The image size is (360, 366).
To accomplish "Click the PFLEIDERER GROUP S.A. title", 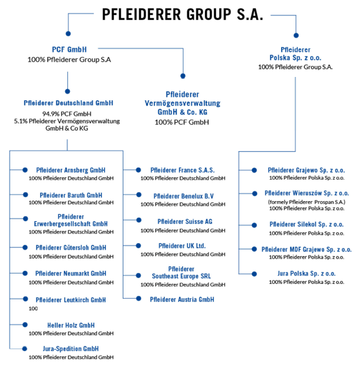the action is [183, 14].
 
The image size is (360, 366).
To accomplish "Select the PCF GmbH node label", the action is [69, 50].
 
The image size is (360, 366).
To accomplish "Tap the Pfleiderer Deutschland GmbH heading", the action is [69, 103].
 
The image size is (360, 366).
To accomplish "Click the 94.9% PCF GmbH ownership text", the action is [67, 114].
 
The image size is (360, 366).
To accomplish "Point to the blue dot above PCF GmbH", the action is [68, 34].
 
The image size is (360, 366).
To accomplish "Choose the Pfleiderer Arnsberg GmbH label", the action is [70, 170].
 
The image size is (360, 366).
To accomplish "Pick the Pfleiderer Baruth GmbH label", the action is [71, 195].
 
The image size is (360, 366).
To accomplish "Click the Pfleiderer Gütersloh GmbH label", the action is [71, 248].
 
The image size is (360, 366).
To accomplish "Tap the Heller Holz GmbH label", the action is [71, 325].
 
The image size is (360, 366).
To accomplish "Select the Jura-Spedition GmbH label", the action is [70, 349].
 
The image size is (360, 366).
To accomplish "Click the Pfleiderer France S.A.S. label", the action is [182, 170].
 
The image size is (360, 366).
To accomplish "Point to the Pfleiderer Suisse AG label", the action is [185, 221].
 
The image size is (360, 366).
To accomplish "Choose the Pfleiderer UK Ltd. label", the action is [182, 246].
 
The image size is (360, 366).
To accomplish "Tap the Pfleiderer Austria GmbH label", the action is [182, 299].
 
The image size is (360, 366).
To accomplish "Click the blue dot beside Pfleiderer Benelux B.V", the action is [139, 195].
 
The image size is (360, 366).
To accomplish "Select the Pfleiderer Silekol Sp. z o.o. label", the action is [306, 224].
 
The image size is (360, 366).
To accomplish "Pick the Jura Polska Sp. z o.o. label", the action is [306, 274].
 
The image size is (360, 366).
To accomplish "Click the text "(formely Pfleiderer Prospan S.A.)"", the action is [306, 202].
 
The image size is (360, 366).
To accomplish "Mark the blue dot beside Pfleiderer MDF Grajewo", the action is [254, 249].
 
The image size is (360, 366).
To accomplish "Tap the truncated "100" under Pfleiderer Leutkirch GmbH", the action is [33, 308].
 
